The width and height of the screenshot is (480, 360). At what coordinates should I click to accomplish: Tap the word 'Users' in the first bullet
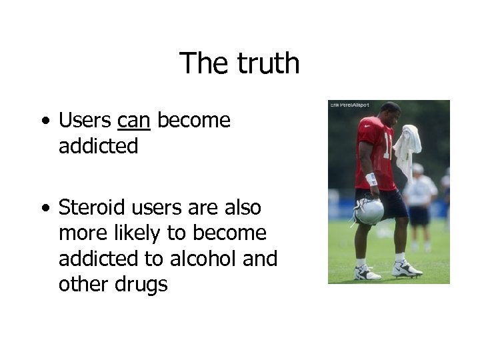pos(85,121)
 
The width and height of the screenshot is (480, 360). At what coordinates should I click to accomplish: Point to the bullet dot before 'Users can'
pos(44,122)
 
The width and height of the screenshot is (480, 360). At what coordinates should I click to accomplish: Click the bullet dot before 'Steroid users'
pos(44,209)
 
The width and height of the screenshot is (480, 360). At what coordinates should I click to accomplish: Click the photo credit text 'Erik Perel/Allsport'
pos(349,105)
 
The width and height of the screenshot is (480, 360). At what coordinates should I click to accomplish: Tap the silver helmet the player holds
pos(368,210)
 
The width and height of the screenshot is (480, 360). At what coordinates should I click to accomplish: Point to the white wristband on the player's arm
pos(371,179)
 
